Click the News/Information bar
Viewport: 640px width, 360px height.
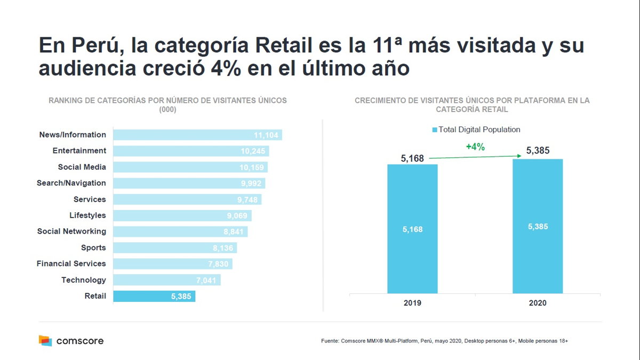pyautogui.click(x=197, y=135)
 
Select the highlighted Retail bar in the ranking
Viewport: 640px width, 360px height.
pyautogui.click(x=154, y=297)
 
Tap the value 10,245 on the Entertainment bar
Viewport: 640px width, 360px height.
pyautogui.click(x=253, y=151)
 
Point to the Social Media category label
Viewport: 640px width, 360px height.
pyautogui.click(x=82, y=167)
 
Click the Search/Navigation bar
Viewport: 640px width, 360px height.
pyautogui.click(x=189, y=183)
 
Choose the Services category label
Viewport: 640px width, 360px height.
pyautogui.click(x=90, y=199)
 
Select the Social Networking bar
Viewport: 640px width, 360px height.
pyautogui.click(x=180, y=232)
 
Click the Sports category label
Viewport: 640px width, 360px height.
pyautogui.click(x=93, y=247)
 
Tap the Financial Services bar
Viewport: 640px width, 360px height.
pyautogui.click(x=173, y=264)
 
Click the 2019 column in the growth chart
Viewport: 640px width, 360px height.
pyautogui.click(x=412, y=229)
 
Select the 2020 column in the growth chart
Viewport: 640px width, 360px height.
pyautogui.click(x=538, y=226)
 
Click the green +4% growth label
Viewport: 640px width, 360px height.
pyautogui.click(x=475, y=147)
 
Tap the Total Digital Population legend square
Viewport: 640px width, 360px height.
pyautogui.click(x=435, y=130)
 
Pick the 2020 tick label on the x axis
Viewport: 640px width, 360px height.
pyautogui.click(x=538, y=303)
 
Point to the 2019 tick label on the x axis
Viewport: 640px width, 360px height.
pyautogui.click(x=412, y=303)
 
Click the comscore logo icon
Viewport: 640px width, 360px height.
pyautogui.click(x=45, y=340)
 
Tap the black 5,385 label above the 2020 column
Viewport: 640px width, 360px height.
pyautogui.click(x=538, y=151)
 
